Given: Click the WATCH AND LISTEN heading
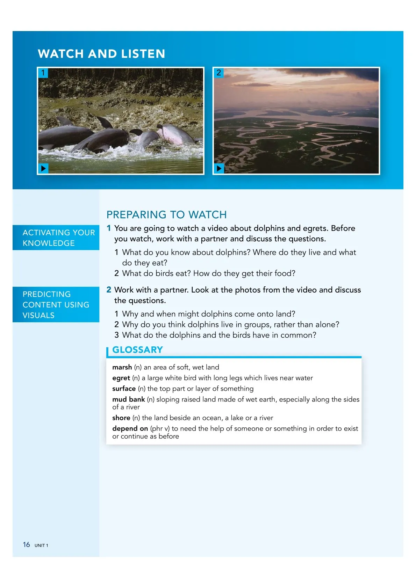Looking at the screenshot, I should coord(101,54).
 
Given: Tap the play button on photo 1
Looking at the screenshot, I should coord(43,168).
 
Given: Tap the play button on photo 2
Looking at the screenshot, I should coord(219,168).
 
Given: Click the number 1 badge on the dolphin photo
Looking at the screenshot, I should coord(43,73).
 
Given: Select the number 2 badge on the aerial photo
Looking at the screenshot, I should coord(219,73).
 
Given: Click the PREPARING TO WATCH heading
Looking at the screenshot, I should coord(166,214).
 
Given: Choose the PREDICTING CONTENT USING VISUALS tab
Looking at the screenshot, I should coord(56,304).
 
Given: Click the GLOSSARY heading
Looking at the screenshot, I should coord(137,350).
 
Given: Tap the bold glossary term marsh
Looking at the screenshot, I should coord(122,367).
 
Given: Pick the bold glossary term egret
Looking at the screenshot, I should coord(121,378).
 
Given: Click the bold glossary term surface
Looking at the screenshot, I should coord(124,389).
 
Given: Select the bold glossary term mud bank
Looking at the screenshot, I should coord(128,399).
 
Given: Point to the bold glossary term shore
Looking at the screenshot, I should coord(121,418).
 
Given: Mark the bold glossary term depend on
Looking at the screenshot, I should coord(130,428).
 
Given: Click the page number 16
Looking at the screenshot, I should coord(26,545).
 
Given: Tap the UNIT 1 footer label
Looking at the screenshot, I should coord(41,545).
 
